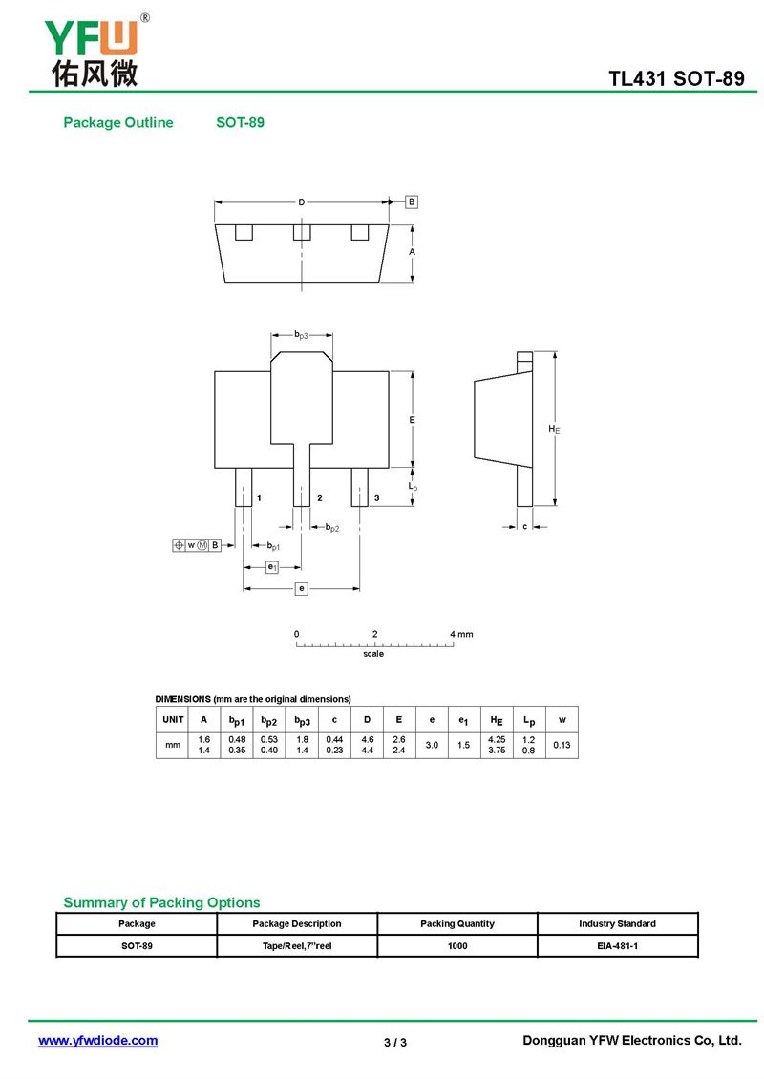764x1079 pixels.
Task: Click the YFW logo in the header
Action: tap(95, 52)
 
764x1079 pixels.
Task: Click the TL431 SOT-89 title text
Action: tap(676, 78)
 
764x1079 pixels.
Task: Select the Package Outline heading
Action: tap(118, 122)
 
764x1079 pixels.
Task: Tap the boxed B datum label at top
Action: tap(412, 201)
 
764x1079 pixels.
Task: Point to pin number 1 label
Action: tap(259, 497)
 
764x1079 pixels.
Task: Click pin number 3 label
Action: tap(376, 497)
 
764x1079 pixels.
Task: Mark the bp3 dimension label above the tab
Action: tap(302, 335)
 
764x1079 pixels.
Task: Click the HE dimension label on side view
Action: tap(554, 429)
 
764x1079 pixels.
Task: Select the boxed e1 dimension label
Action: tap(272, 567)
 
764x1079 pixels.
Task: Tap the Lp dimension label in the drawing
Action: tap(413, 487)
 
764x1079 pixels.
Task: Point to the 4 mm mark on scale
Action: tap(461, 634)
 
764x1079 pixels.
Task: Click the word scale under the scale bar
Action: tap(373, 654)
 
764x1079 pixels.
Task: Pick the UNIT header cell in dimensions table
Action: tap(173, 719)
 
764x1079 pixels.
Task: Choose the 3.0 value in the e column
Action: tap(432, 745)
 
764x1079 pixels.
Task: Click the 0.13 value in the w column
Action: tap(562, 745)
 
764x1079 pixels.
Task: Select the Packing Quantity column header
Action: tap(457, 923)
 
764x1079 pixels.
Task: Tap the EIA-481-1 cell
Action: tap(617, 945)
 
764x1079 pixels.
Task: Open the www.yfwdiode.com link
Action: tap(97, 1041)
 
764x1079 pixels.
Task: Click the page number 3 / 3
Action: tap(395, 1043)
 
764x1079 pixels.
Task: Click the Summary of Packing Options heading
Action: tap(161, 902)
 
